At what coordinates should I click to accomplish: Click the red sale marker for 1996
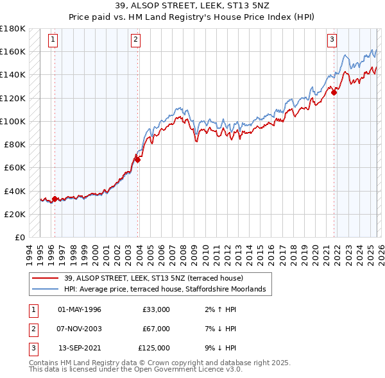55,199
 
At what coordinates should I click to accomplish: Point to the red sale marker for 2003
137,160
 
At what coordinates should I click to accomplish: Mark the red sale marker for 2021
334,92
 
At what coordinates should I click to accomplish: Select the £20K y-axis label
15,214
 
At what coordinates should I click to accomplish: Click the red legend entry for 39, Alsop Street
153,279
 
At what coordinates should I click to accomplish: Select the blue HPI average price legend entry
168,290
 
